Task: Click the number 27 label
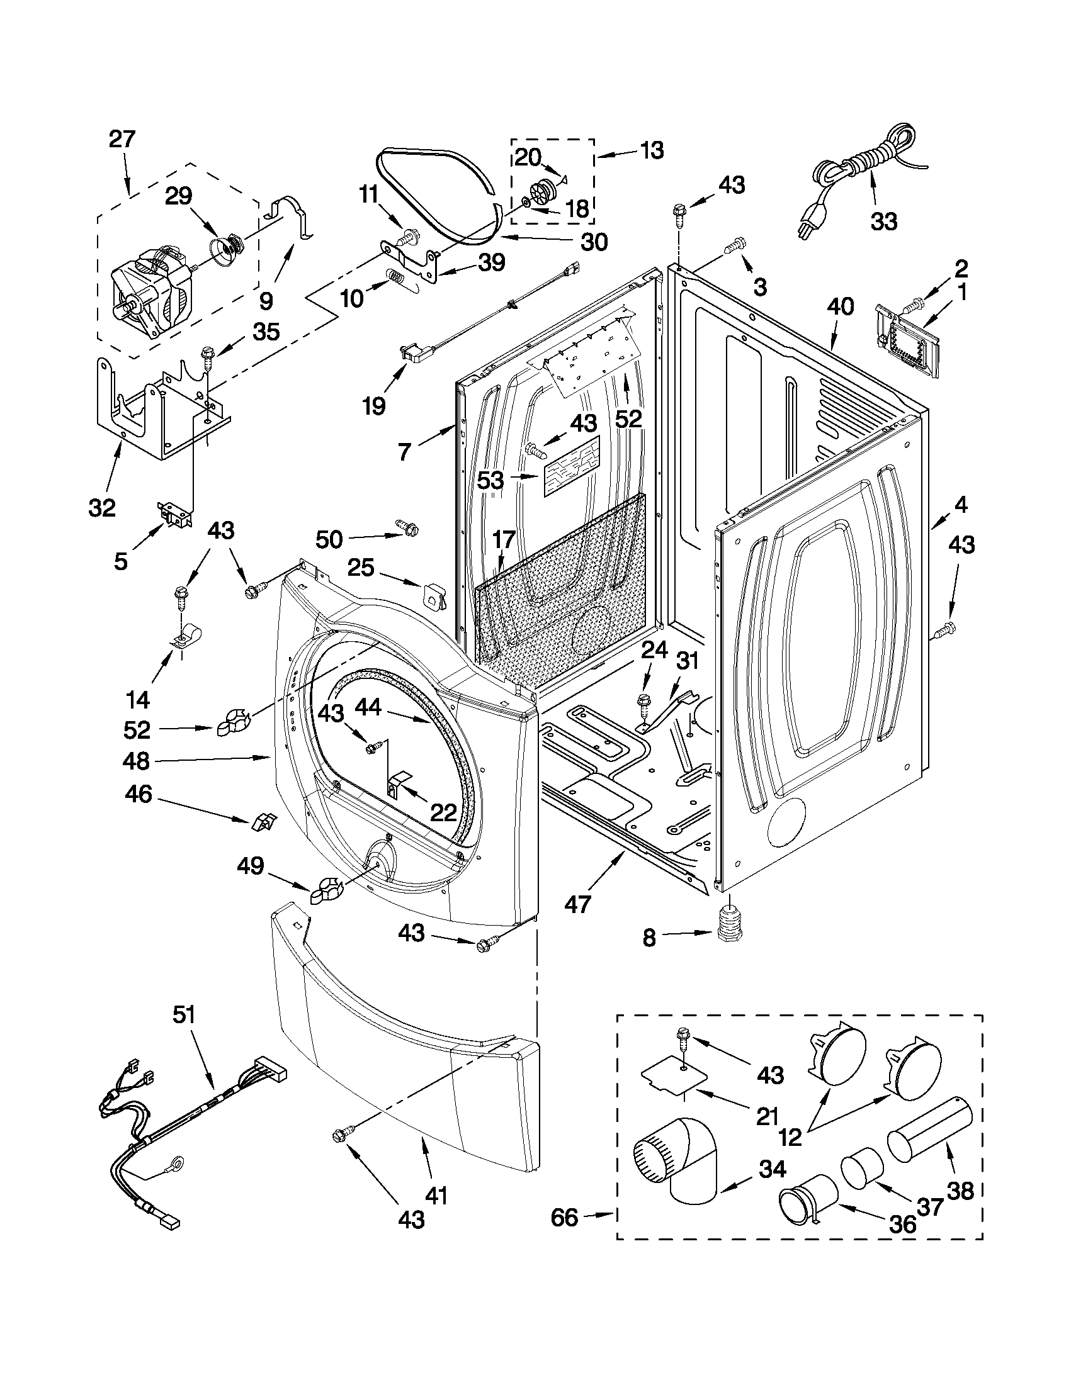tap(122, 139)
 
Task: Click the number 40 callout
tap(840, 307)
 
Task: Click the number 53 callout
tap(490, 479)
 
